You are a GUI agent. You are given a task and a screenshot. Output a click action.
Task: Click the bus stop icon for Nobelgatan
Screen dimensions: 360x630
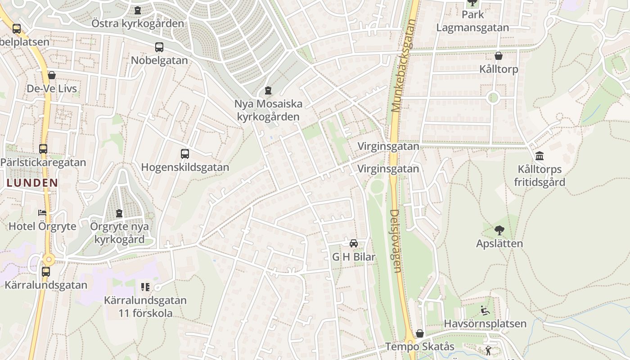[x=159, y=47]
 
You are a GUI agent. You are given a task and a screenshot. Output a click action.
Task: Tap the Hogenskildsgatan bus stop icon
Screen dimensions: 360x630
[x=185, y=154]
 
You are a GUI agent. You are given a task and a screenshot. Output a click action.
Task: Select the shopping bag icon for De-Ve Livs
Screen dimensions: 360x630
[x=52, y=75]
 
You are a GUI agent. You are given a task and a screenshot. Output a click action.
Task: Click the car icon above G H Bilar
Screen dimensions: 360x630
[x=354, y=243]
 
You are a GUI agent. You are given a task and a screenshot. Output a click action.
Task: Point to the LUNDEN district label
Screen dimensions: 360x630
[x=32, y=183]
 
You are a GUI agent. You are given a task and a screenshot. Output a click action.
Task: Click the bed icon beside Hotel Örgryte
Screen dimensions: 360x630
[x=42, y=212]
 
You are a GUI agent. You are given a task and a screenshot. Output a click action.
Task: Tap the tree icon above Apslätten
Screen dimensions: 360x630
[x=499, y=230]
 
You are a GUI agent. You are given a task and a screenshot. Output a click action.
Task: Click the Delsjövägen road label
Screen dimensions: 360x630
[x=395, y=241]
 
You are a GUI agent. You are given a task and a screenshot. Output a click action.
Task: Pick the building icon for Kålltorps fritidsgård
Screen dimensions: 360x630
[x=540, y=156]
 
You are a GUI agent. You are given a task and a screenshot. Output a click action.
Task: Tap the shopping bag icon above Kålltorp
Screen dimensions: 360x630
[x=499, y=56]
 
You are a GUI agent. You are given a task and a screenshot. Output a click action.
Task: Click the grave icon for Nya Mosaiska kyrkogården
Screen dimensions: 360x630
[x=268, y=90]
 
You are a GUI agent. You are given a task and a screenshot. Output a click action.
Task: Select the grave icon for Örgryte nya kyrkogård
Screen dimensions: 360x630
[x=119, y=213]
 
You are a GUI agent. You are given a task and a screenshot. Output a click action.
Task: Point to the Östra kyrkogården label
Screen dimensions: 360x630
[x=138, y=23]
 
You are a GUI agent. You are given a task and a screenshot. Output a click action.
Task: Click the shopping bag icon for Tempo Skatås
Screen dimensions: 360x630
[x=420, y=333]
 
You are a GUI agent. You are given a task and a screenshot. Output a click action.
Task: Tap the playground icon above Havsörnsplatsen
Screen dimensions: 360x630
[x=485, y=310]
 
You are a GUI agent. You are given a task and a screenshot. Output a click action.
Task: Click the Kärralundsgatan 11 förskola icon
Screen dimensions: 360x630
[x=145, y=287]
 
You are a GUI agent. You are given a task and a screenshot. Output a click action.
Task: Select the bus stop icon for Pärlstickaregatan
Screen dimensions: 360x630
[x=43, y=149]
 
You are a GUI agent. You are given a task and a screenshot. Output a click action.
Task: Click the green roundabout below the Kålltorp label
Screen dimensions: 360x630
[x=493, y=97]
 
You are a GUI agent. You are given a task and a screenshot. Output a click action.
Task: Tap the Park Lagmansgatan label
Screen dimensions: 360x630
[x=472, y=21]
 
